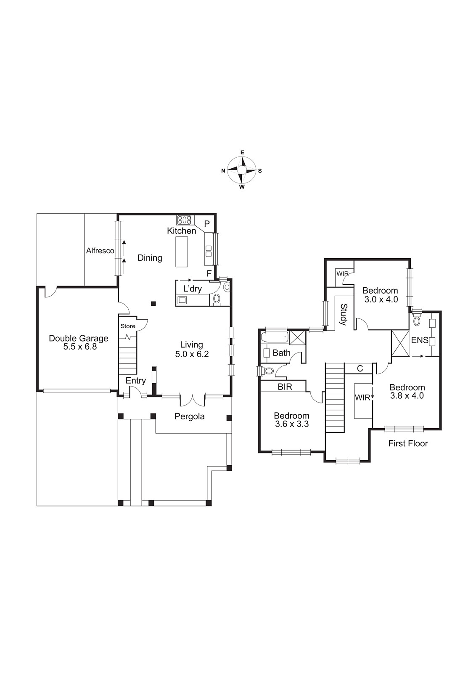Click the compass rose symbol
pos(242,170)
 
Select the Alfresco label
pos(100,251)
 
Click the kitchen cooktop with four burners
pos(184,220)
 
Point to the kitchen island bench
pos(182,252)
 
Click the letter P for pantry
pos(207,224)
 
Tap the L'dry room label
pos(193,289)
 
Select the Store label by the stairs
pos(128,326)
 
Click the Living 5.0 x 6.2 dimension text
pos(192,354)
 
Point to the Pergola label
pos(190,416)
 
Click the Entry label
pos(136,381)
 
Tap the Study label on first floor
pos(343,315)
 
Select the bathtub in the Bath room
pos(274,337)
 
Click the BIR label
pos(285,387)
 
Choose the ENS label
pos(419,340)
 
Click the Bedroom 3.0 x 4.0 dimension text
pos(380,299)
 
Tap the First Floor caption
pos(408,443)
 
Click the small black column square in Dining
pos(154,303)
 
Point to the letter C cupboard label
pos(360,369)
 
